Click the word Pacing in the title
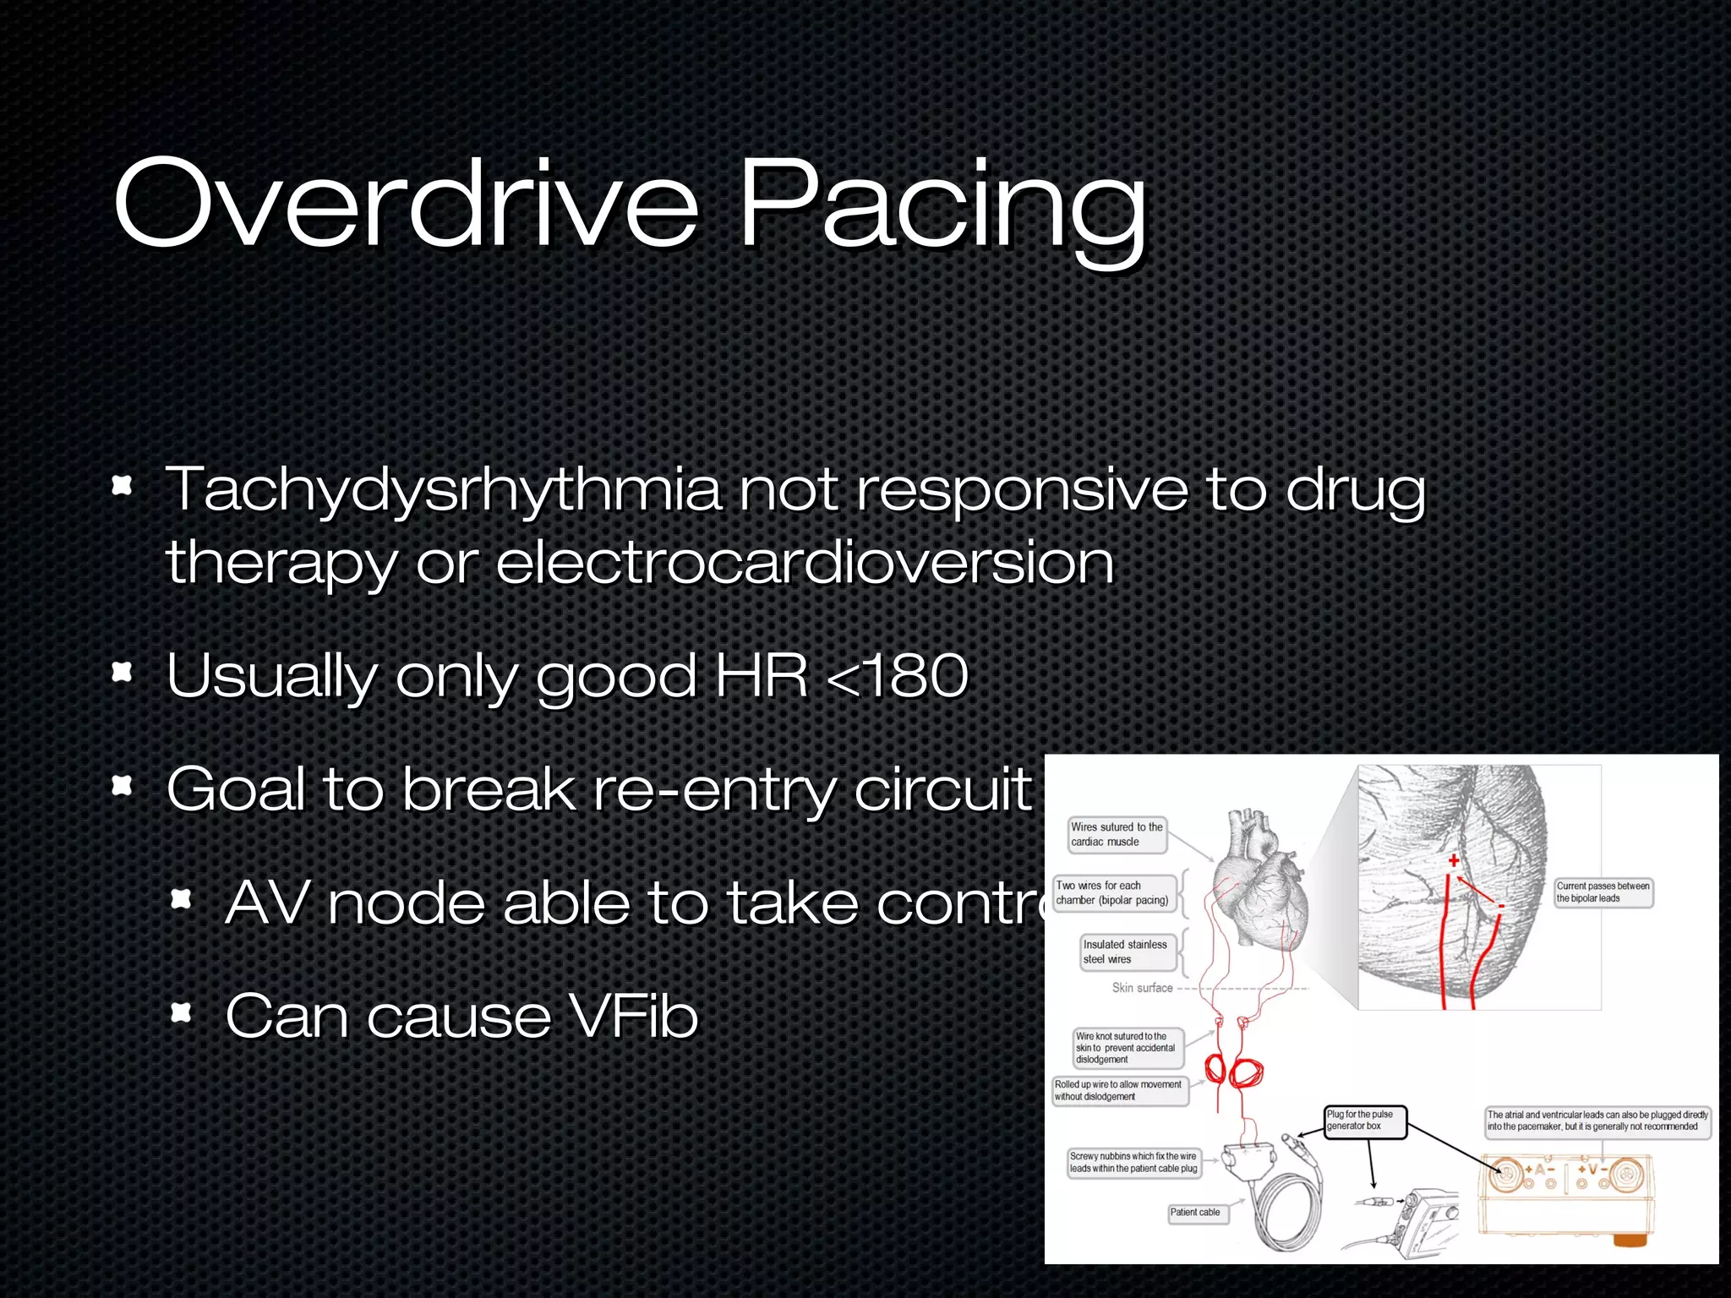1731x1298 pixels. click(942, 207)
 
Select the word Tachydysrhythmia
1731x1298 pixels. click(444, 490)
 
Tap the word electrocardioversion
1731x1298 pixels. click(805, 564)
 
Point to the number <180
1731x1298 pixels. click(898, 676)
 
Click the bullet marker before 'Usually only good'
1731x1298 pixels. click(123, 673)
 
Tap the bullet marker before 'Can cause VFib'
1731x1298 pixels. click(181, 1012)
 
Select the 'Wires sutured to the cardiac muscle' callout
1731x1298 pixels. click(1117, 835)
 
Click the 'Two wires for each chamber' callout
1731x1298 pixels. click(1113, 893)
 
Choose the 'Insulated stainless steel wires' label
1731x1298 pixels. click(1125, 952)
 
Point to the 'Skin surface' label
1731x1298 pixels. click(1142, 988)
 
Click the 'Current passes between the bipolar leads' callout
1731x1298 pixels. click(1603, 892)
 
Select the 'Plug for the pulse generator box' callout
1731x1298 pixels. click(1364, 1121)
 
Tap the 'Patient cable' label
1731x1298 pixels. click(1195, 1213)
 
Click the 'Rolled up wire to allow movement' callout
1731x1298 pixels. click(1118, 1091)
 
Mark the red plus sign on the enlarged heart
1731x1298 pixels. click(1454, 860)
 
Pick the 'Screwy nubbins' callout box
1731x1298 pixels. click(1133, 1163)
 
